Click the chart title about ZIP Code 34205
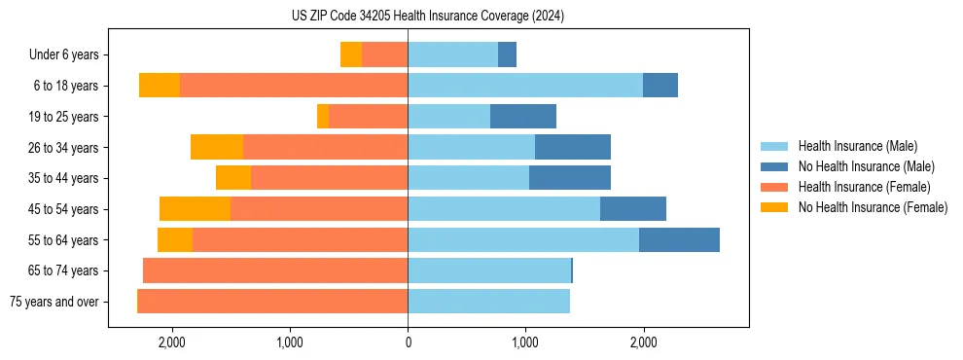[x=427, y=17]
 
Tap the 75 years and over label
[x=53, y=302]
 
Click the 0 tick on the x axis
[x=408, y=342]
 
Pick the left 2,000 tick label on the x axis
[x=172, y=342]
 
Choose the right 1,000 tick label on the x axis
[x=525, y=342]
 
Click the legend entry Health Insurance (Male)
[x=857, y=146]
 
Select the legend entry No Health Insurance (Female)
[x=873, y=207]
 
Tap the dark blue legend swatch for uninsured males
[x=775, y=166]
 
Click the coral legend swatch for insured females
[x=775, y=187]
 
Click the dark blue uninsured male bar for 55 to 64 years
[x=679, y=239]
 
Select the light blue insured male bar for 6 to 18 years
[x=525, y=86]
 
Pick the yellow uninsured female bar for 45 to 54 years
[x=195, y=209]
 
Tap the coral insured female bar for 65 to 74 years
[x=275, y=270]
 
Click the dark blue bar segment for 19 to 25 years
[x=523, y=117]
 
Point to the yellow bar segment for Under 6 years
[x=351, y=54]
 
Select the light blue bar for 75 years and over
[x=488, y=302]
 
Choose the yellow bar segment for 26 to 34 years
[x=217, y=147]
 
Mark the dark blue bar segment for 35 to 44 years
[x=570, y=178]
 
